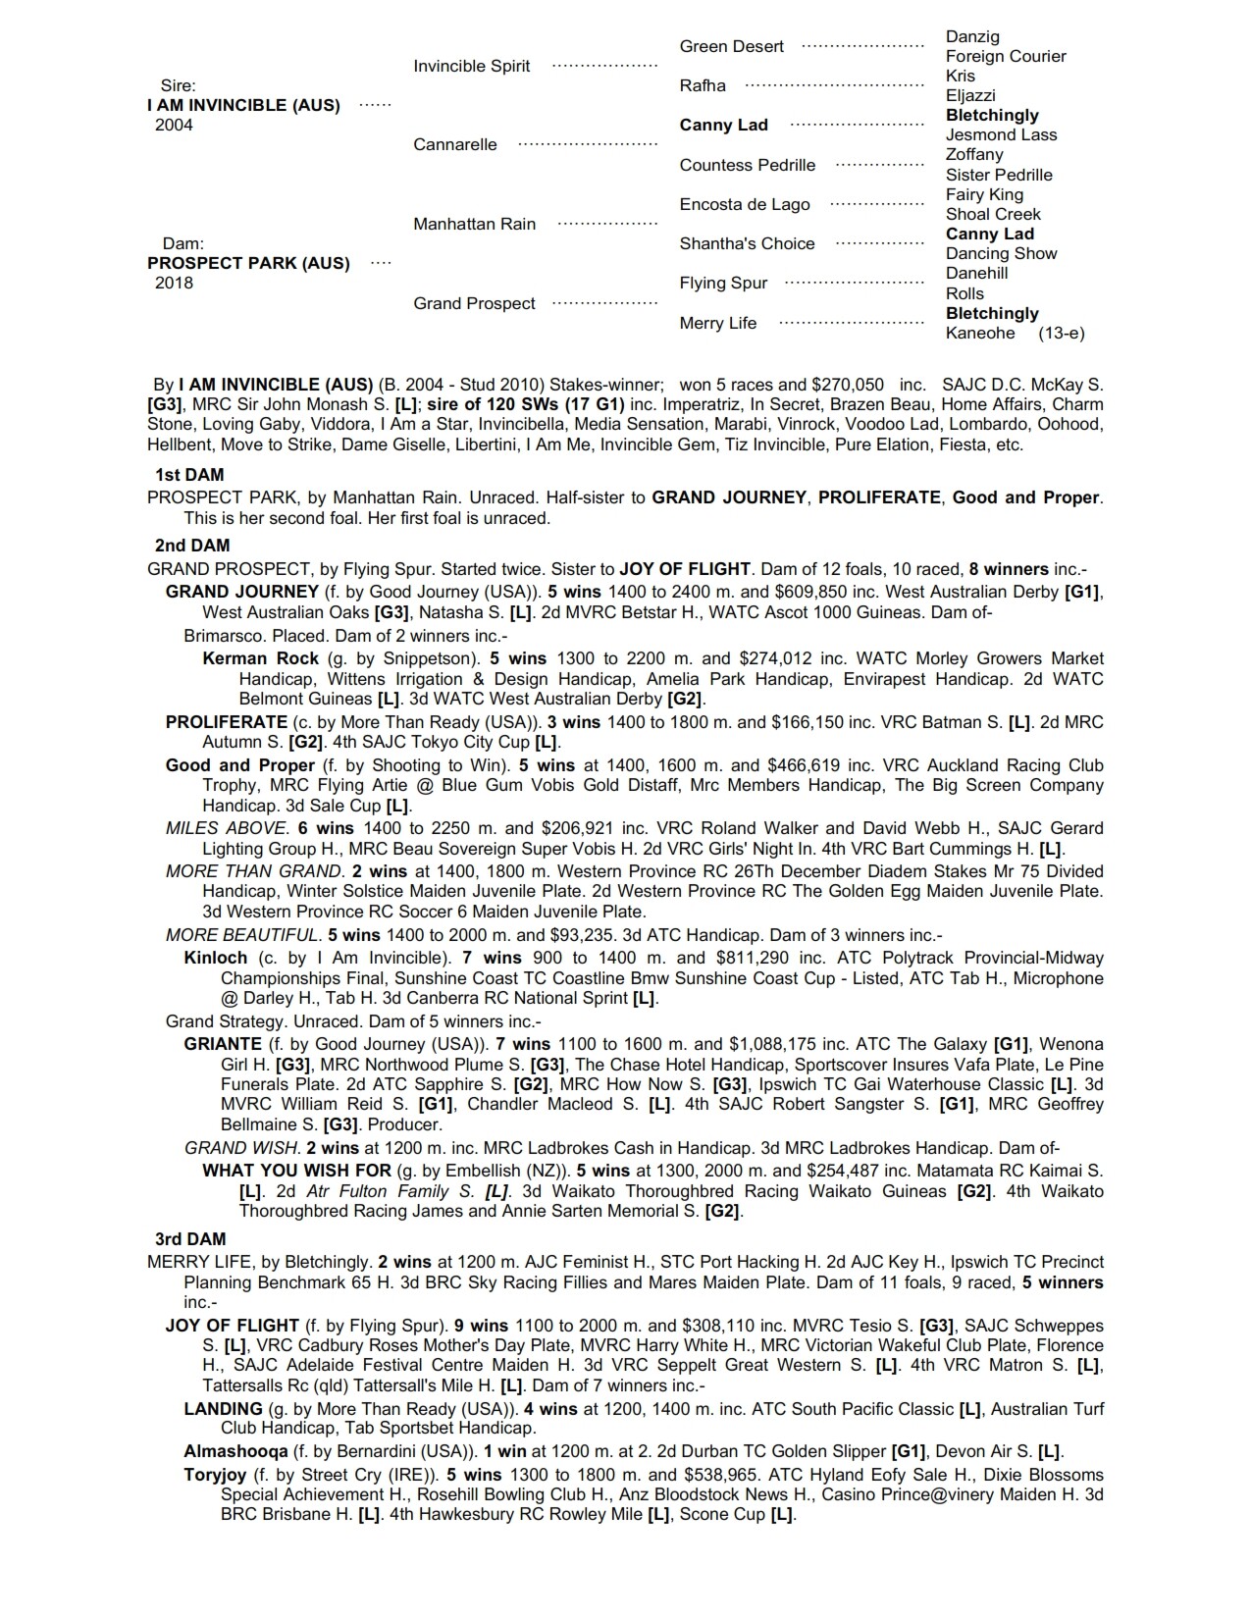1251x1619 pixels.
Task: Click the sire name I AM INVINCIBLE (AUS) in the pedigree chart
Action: [x=243, y=105]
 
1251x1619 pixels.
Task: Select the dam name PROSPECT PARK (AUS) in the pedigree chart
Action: [x=248, y=263]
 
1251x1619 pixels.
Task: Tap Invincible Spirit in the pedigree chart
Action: [x=471, y=66]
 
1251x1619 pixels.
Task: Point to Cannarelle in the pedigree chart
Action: [x=455, y=144]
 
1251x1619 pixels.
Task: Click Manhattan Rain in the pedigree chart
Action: [x=474, y=224]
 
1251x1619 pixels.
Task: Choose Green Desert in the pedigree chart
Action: [x=731, y=46]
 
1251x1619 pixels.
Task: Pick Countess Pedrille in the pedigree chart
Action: [x=747, y=165]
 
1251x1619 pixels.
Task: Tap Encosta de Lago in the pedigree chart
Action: [x=745, y=204]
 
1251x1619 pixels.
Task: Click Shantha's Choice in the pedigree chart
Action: [x=747, y=243]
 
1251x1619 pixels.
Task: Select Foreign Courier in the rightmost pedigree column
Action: [x=1005, y=56]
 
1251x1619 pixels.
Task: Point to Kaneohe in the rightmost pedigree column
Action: [x=980, y=333]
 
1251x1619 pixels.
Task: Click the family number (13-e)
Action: [x=1061, y=333]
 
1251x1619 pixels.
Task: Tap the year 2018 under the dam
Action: [x=174, y=283]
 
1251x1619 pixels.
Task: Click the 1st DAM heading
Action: [x=189, y=475]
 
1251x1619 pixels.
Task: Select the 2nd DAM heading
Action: [x=192, y=546]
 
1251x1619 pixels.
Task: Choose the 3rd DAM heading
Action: [x=190, y=1238]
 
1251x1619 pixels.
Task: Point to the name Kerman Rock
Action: [x=260, y=658]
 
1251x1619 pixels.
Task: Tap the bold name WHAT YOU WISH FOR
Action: [x=295, y=1171]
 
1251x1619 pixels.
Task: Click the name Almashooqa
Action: [x=235, y=1451]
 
